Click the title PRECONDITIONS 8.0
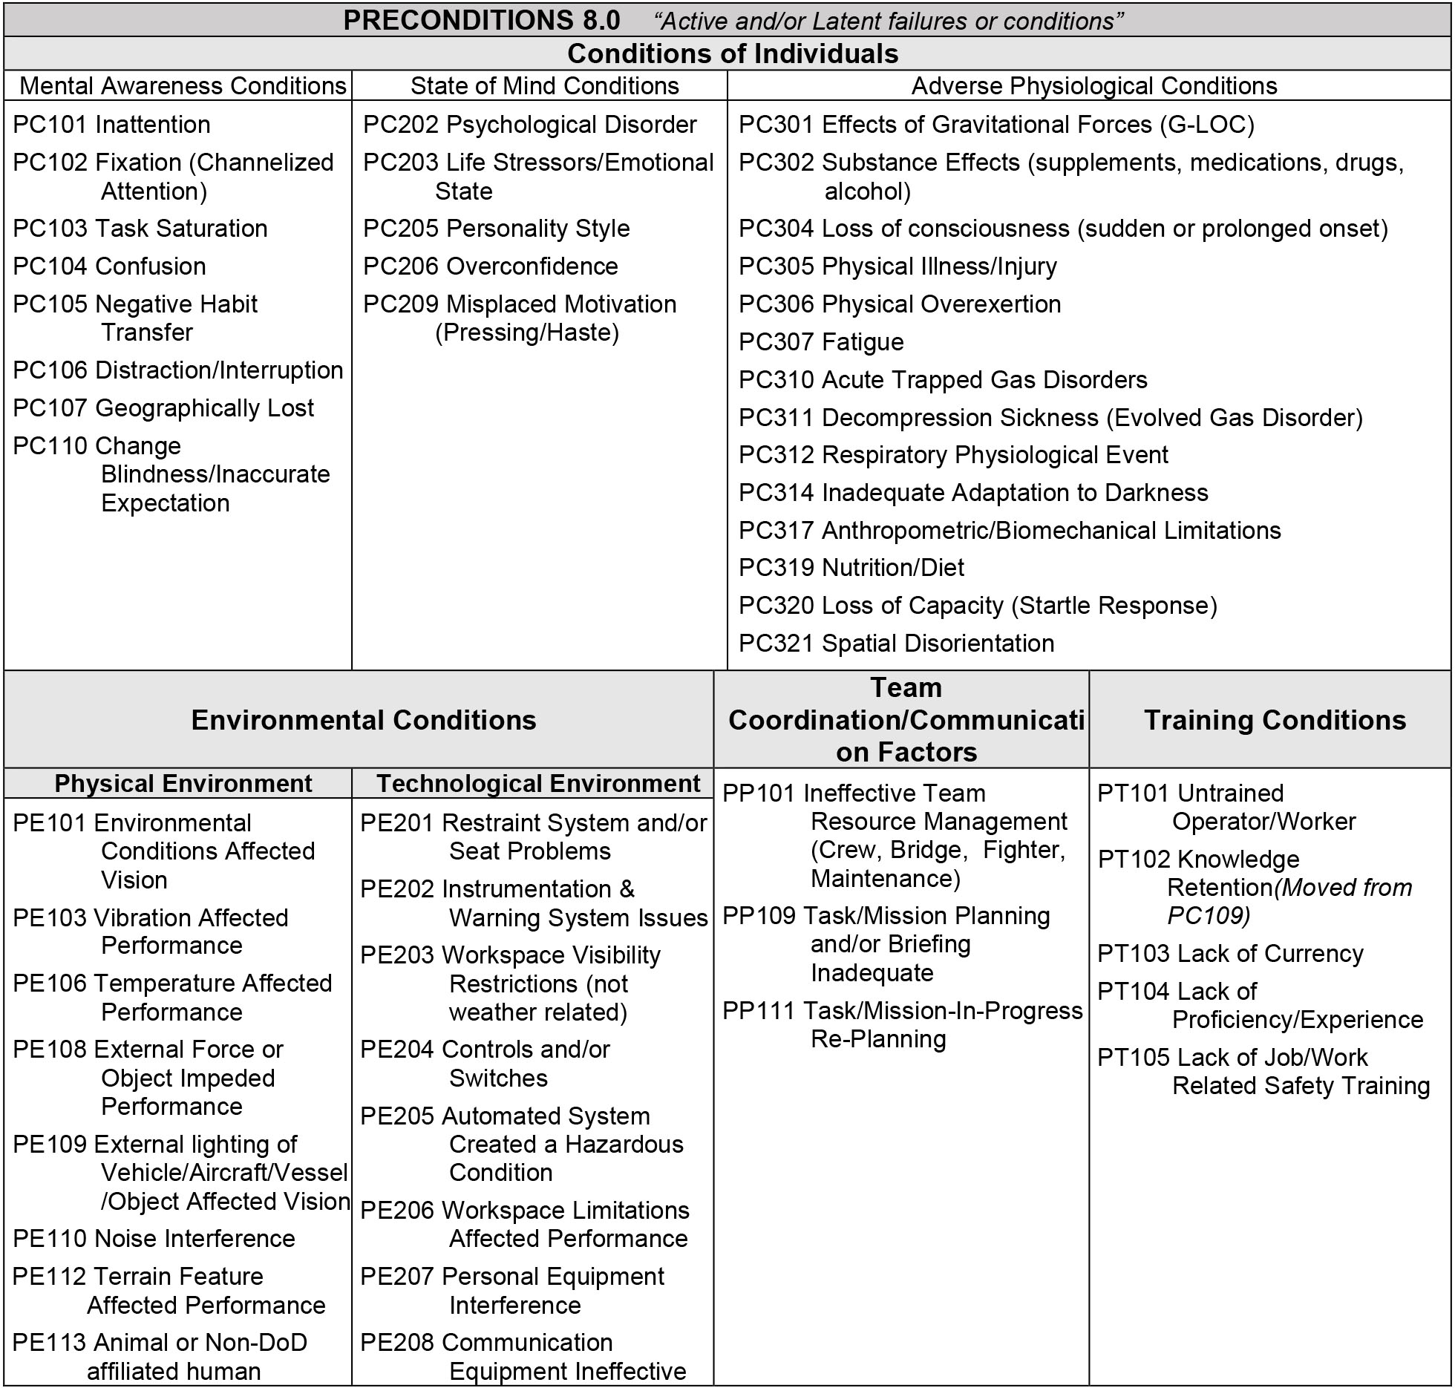(x=481, y=20)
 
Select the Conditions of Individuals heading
(x=733, y=53)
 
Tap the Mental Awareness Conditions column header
(x=183, y=86)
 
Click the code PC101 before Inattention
(x=50, y=125)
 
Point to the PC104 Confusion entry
(x=109, y=266)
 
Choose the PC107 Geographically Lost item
(x=163, y=408)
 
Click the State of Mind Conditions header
(x=544, y=86)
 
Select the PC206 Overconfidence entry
(x=490, y=266)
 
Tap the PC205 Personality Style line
(x=496, y=229)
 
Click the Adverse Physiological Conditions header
(x=1093, y=86)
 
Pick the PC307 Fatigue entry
(x=821, y=342)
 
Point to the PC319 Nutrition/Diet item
(x=851, y=568)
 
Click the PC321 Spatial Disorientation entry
(x=896, y=644)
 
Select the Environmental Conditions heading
(x=363, y=720)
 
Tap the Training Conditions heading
(x=1275, y=720)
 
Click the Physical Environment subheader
(x=183, y=784)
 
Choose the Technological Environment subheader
(x=538, y=784)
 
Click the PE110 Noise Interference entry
(x=154, y=1239)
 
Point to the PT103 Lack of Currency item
(x=1230, y=954)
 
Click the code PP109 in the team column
(x=759, y=917)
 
